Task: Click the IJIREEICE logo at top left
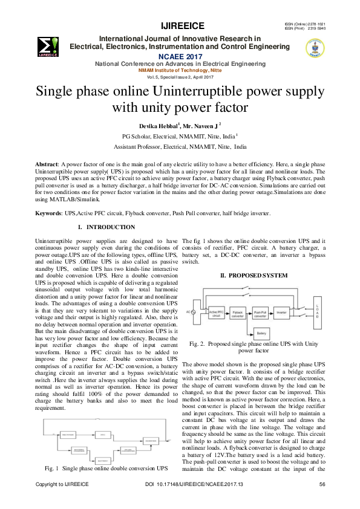tap(47, 45)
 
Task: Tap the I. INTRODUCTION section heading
tap(106, 227)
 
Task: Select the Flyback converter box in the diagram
tap(238, 313)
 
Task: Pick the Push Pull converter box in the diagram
tap(260, 313)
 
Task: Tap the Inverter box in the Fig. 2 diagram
tap(281, 313)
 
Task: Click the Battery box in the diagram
tap(261, 333)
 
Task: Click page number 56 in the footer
tap(322, 501)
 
